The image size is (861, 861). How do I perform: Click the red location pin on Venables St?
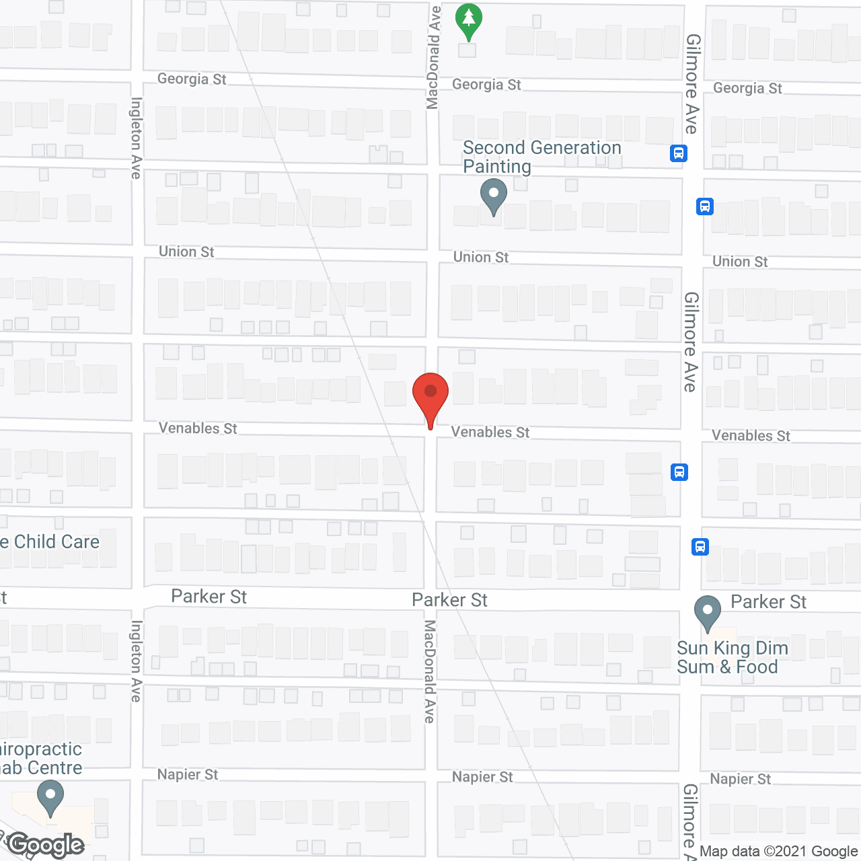tap(430, 394)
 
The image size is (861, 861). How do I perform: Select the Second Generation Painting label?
tap(541, 157)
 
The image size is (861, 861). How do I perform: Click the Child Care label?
tap(50, 541)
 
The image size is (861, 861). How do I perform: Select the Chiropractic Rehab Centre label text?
tap(41, 758)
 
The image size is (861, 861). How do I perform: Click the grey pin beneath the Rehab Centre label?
tap(50, 798)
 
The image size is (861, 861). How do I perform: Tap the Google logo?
tap(46, 845)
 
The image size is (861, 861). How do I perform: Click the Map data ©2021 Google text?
tap(779, 852)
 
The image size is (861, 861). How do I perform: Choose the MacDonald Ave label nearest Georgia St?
tap(433, 57)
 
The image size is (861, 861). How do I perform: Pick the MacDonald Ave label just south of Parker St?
tap(430, 671)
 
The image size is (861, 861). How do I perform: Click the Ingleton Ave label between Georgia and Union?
tap(137, 138)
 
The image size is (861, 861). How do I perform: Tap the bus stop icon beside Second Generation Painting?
tap(678, 153)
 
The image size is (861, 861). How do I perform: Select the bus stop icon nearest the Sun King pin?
tap(700, 547)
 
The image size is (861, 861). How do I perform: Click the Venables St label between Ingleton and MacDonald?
tap(198, 428)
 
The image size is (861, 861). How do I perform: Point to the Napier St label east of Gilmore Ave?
tap(740, 779)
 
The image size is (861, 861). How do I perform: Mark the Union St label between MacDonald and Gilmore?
tap(480, 257)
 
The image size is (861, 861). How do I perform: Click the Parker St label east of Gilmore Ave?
tap(768, 602)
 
